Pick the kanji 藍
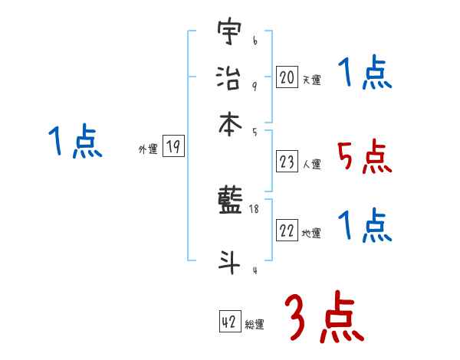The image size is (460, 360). pyautogui.click(x=230, y=204)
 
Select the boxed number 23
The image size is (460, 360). pyautogui.click(x=287, y=162)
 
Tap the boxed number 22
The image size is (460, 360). pyautogui.click(x=287, y=231)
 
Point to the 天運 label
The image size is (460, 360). pyautogui.click(x=311, y=80)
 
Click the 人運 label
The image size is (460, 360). pyautogui.click(x=311, y=164)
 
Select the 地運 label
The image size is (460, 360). pyautogui.click(x=311, y=234)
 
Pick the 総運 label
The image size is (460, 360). pyautogui.click(x=255, y=324)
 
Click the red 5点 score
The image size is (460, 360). pyautogui.click(x=364, y=157)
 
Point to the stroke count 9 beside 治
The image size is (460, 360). pyautogui.click(x=254, y=87)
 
